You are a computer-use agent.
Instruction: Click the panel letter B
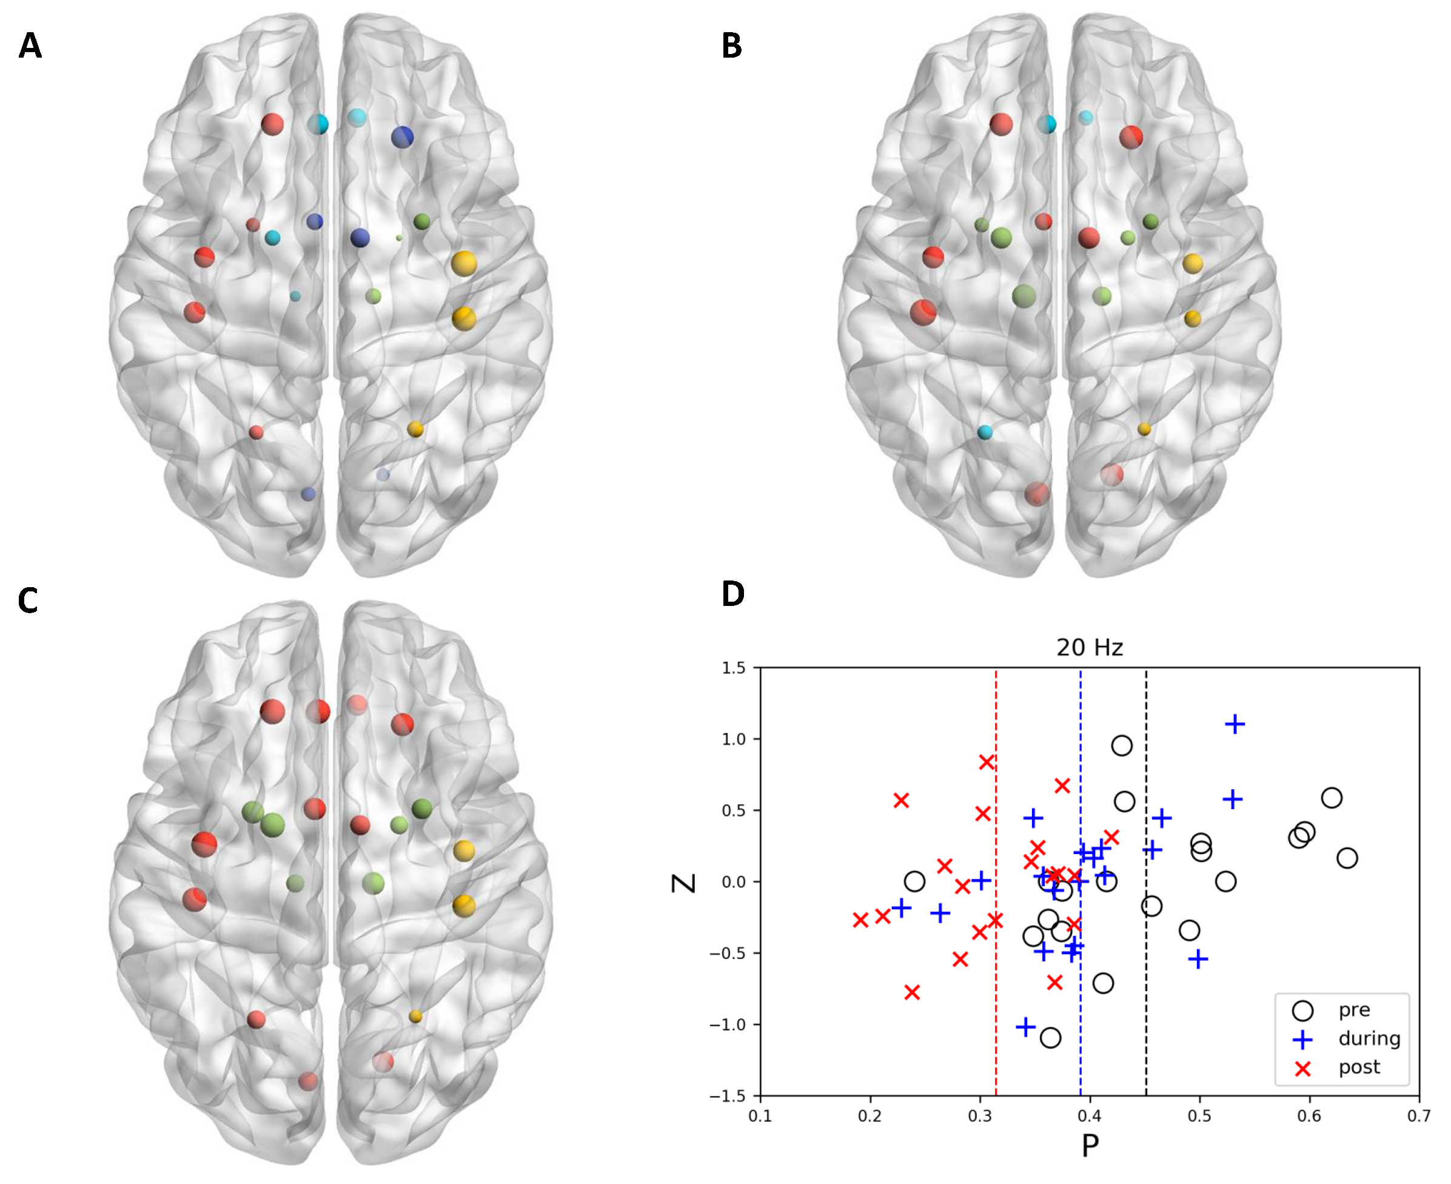click(732, 45)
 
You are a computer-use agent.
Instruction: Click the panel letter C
click(28, 600)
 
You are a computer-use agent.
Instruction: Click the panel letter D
click(733, 594)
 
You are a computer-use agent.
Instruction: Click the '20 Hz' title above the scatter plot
click(1089, 647)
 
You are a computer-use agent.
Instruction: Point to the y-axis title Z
click(684, 883)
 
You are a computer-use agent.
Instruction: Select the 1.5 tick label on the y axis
click(734, 668)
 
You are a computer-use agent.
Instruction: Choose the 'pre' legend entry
click(1353, 1010)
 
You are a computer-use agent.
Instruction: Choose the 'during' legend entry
click(1369, 1038)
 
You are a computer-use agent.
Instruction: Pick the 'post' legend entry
click(1359, 1068)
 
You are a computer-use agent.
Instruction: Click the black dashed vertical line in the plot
click(1146, 750)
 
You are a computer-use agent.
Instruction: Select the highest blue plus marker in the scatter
click(1235, 724)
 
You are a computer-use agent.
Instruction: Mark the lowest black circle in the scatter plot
click(1051, 1038)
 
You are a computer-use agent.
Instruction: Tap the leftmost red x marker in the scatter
click(860, 920)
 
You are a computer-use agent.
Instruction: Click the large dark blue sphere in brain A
click(402, 137)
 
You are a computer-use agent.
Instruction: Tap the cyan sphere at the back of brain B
click(985, 432)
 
